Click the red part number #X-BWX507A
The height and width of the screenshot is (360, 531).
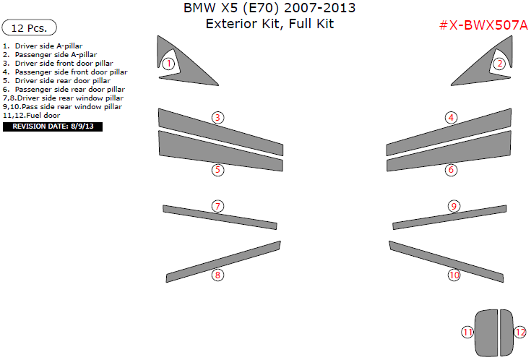[x=483, y=25]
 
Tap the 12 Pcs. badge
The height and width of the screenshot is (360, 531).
[x=29, y=27]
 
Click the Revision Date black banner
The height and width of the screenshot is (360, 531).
[x=53, y=127]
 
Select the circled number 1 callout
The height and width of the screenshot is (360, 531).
[x=168, y=64]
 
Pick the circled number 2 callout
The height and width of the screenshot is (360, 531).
[x=499, y=64]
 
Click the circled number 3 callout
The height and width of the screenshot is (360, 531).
[x=217, y=118]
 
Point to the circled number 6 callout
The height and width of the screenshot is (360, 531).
[x=451, y=169]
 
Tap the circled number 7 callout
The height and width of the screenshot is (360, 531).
[x=217, y=206]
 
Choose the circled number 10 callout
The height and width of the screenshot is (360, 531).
[x=454, y=275]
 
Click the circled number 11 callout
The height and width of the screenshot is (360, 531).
[x=467, y=333]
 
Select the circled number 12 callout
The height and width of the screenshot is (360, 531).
[x=520, y=333]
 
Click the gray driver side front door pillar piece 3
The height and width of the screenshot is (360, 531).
[x=220, y=132]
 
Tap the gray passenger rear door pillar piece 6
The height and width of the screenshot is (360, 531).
[x=449, y=151]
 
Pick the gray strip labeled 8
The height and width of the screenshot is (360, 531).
[x=223, y=262]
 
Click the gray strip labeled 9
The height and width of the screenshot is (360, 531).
[x=449, y=218]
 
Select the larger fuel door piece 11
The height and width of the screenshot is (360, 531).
[x=486, y=333]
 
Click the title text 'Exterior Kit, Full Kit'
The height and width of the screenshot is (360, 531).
[x=269, y=24]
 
